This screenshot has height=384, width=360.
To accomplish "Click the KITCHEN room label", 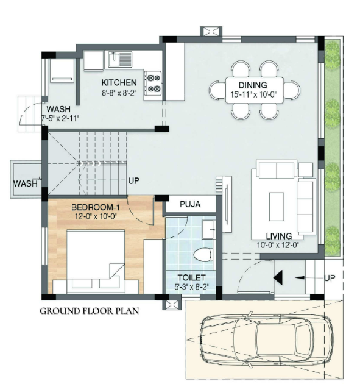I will pyautogui.click(x=119, y=82).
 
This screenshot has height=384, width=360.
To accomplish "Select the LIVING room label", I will pyautogui.click(x=278, y=236).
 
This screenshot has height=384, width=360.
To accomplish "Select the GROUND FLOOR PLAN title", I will pyautogui.click(x=90, y=311).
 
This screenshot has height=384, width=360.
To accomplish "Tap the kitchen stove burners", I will pyautogui.click(x=152, y=85).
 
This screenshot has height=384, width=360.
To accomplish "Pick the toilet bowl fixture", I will pyautogui.click(x=201, y=252).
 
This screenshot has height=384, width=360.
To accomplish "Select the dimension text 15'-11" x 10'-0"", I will pyautogui.click(x=253, y=95).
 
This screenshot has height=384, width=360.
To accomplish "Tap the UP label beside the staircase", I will pyautogui.click(x=134, y=181).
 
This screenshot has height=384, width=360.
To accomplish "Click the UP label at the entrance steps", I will pyautogui.click(x=331, y=277).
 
